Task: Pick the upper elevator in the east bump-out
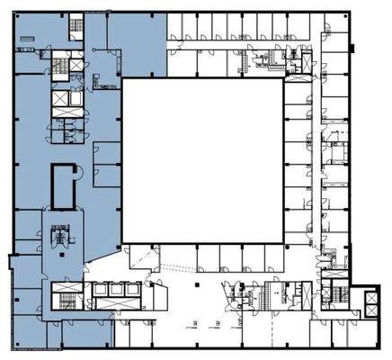tap(339, 290)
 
